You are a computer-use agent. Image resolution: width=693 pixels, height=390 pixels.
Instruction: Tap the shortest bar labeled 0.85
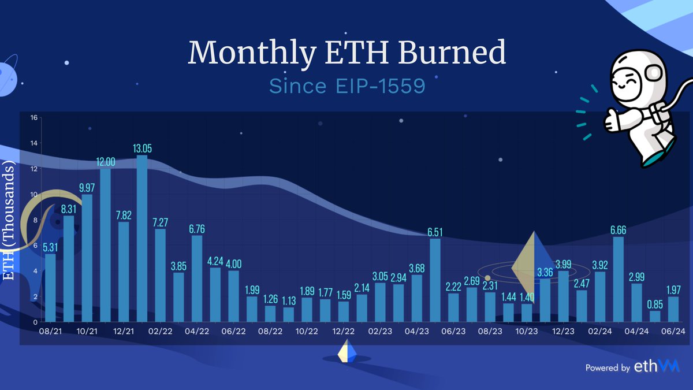pyautogui.click(x=654, y=316)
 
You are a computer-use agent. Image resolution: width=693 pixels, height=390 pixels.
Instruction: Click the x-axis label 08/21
pyautogui.click(x=50, y=331)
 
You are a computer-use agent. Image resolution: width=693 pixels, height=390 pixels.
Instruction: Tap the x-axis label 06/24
pyautogui.click(x=672, y=331)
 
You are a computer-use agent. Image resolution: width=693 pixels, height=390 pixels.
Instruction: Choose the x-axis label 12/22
pyautogui.click(x=343, y=331)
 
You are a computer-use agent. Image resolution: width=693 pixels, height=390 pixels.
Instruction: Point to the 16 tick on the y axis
pyautogui.click(x=33, y=118)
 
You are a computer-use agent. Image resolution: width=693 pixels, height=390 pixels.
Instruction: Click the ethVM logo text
pyautogui.click(x=657, y=366)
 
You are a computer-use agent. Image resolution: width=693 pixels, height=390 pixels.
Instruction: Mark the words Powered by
pyautogui.click(x=607, y=367)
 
